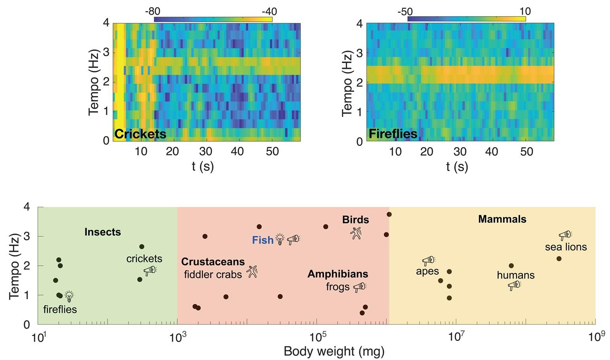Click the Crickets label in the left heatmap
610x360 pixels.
140,134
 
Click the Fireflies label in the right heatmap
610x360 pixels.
393,134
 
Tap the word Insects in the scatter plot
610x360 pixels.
102,232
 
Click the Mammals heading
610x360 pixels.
502,219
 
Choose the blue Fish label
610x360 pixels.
263,240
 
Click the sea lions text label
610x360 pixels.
566,247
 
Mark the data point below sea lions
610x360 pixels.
559,259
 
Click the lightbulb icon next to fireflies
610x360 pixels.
69,296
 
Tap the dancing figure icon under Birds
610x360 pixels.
356,233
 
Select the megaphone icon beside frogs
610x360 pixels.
359,287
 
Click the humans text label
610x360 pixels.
516,275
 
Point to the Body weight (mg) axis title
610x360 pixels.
334,351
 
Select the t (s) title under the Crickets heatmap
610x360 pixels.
203,166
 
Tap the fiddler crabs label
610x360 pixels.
213,274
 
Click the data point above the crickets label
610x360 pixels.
142,247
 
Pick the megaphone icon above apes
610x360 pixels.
428,260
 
